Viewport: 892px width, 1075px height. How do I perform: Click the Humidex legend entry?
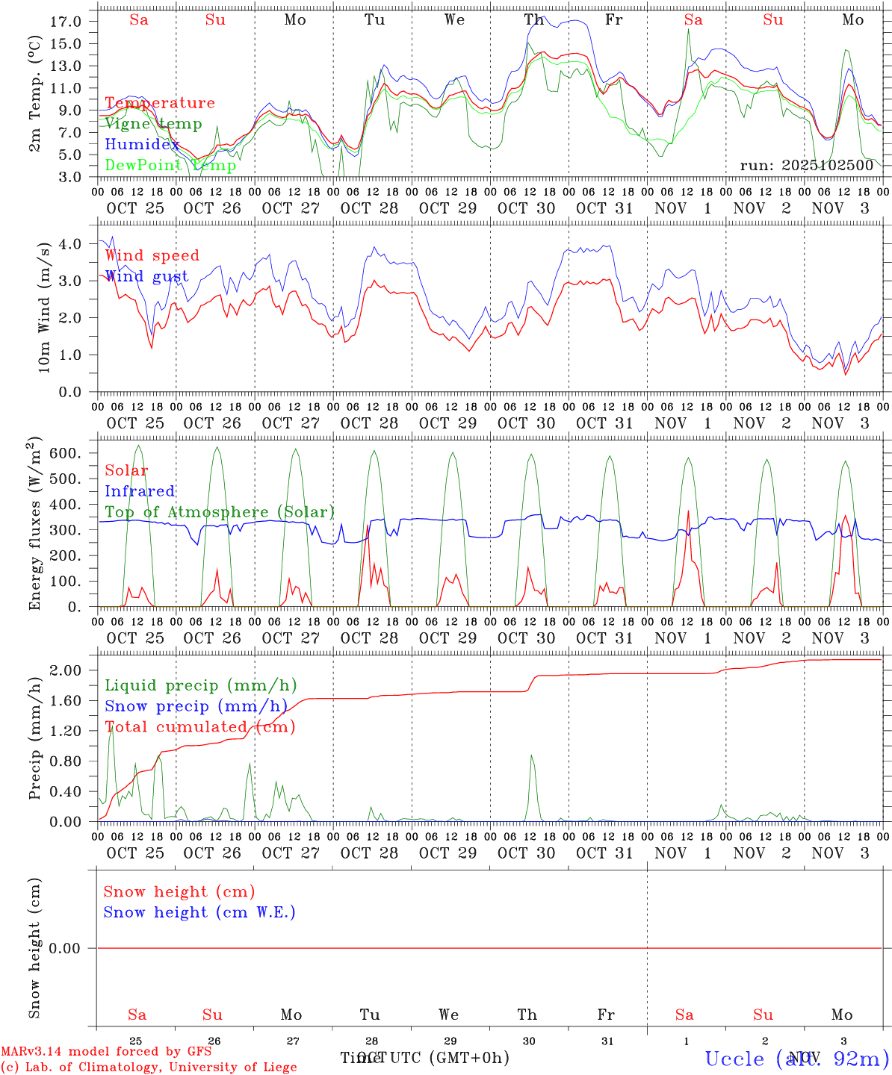coord(142,144)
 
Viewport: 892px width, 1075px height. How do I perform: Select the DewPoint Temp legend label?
coord(170,165)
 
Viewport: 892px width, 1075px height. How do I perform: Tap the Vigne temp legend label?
coord(153,124)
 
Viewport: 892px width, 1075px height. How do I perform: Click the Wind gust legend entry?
coord(146,276)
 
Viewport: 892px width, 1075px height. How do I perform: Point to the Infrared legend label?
coord(140,491)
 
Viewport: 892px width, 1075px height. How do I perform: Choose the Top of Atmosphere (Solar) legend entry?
coord(219,512)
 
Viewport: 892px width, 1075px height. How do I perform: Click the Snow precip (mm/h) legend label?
coord(196,706)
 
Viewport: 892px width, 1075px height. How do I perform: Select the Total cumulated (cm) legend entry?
coord(199,726)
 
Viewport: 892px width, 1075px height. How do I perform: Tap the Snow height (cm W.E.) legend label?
coord(199,912)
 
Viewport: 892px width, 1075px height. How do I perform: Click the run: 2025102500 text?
coord(806,165)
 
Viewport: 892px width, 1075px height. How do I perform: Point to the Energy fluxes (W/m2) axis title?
coord(34,526)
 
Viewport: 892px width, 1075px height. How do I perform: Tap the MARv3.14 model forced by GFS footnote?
coord(106,1052)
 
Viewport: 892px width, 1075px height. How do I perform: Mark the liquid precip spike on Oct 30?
coord(532,755)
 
